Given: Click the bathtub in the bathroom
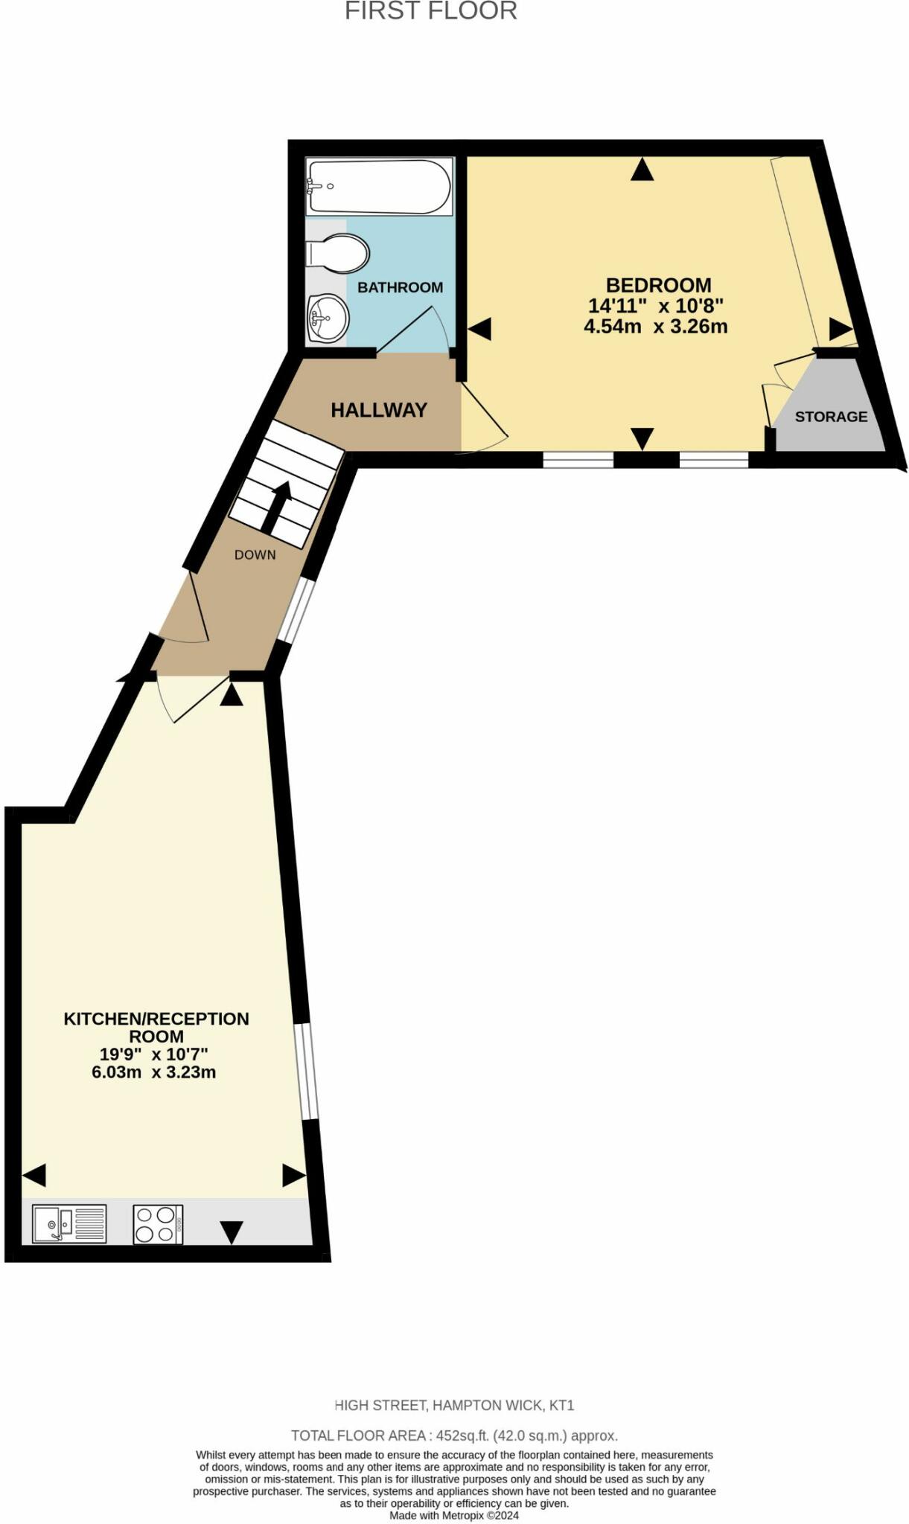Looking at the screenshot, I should click(x=379, y=187).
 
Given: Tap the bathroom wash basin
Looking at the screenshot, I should click(x=328, y=318).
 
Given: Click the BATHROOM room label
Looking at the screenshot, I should click(x=400, y=287).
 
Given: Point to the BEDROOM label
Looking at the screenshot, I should click(x=658, y=285).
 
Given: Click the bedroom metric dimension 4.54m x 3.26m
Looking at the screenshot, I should click(x=655, y=326).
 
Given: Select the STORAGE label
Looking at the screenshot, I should click(x=831, y=417).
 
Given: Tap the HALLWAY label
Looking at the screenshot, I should click(x=379, y=410).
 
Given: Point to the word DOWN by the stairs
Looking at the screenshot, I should click(x=255, y=554).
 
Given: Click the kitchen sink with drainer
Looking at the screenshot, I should click(x=69, y=1223).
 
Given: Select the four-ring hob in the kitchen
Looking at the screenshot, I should click(x=158, y=1224).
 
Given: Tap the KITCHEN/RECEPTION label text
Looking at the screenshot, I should click(x=156, y=1027).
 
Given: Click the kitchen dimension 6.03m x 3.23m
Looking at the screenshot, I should click(x=153, y=1072).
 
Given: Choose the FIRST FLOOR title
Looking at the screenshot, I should click(x=430, y=11).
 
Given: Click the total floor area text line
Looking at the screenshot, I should click(x=454, y=1435).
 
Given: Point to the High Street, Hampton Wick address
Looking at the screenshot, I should click(x=454, y=1406).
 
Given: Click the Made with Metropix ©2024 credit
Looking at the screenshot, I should click(x=454, y=1515).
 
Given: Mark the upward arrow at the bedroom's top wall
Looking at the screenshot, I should click(x=642, y=171).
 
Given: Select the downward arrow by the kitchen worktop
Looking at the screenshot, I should click(x=232, y=1232).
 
